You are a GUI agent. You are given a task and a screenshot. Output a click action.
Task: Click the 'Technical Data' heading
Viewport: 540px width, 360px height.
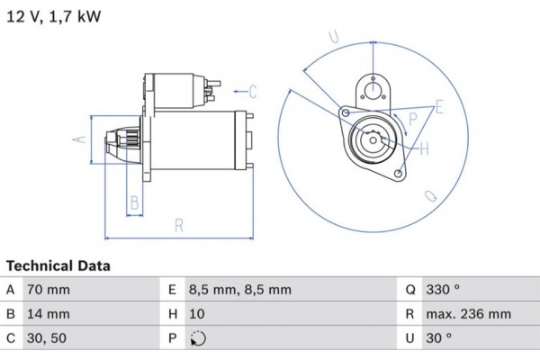pyautogui.click(x=58, y=266)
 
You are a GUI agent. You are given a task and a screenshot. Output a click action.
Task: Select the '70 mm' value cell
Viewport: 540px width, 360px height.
pyautogui.click(x=49, y=290)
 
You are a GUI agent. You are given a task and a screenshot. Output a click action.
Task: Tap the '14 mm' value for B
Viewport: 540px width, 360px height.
pyautogui.click(x=49, y=315)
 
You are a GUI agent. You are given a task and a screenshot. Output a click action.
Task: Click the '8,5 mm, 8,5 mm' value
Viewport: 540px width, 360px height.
pyautogui.click(x=239, y=290)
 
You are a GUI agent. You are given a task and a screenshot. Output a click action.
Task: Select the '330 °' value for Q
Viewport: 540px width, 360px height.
pyautogui.click(x=443, y=290)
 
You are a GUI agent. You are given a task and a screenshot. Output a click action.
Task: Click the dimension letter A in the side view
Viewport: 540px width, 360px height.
pyautogui.click(x=78, y=139)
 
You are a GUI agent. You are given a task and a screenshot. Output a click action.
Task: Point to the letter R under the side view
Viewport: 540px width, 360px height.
pyautogui.click(x=179, y=224)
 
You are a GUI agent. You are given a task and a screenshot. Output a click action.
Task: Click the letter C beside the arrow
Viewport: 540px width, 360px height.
pyautogui.click(x=253, y=90)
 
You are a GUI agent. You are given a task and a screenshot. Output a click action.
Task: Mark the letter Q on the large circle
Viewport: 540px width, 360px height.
pyautogui.click(x=430, y=195)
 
